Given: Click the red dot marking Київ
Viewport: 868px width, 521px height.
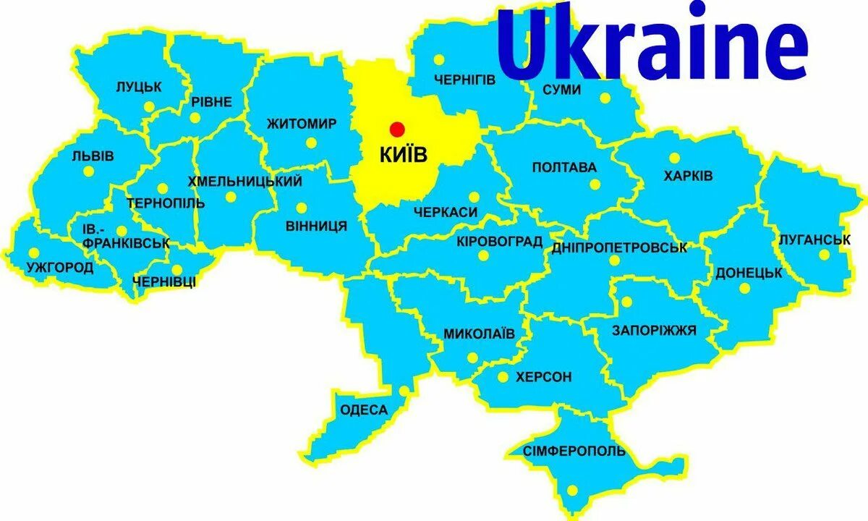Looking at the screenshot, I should coord(396,129).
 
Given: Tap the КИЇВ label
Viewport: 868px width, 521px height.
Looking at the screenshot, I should coord(402,154).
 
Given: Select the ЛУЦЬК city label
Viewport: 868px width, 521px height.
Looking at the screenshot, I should coord(139,87).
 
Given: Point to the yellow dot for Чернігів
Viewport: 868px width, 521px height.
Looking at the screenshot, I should coord(438,61).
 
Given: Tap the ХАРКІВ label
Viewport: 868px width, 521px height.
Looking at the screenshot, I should coord(688,176).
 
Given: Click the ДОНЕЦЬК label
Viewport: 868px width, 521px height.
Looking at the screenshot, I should coord(749,274).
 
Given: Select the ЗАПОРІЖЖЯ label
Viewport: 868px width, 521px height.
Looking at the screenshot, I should coord(654,331).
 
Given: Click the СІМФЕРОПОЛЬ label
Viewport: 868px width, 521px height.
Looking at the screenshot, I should coord(574,451).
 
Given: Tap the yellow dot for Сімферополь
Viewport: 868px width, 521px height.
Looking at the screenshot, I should coord(573,490).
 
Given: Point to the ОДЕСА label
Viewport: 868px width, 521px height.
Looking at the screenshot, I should coord(363,410).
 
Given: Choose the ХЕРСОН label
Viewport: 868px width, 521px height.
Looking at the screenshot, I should coord(543,377).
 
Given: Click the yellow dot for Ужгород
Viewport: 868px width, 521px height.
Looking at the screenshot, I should coord(33,253).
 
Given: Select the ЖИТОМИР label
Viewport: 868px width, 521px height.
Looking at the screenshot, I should coord(301,124).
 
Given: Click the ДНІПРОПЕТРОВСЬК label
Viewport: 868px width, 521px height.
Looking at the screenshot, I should coord(618,248).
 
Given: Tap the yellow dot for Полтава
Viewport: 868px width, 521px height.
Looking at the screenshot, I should coord(595,185).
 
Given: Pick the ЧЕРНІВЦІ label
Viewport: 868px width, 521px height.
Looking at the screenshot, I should coord(164,281).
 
